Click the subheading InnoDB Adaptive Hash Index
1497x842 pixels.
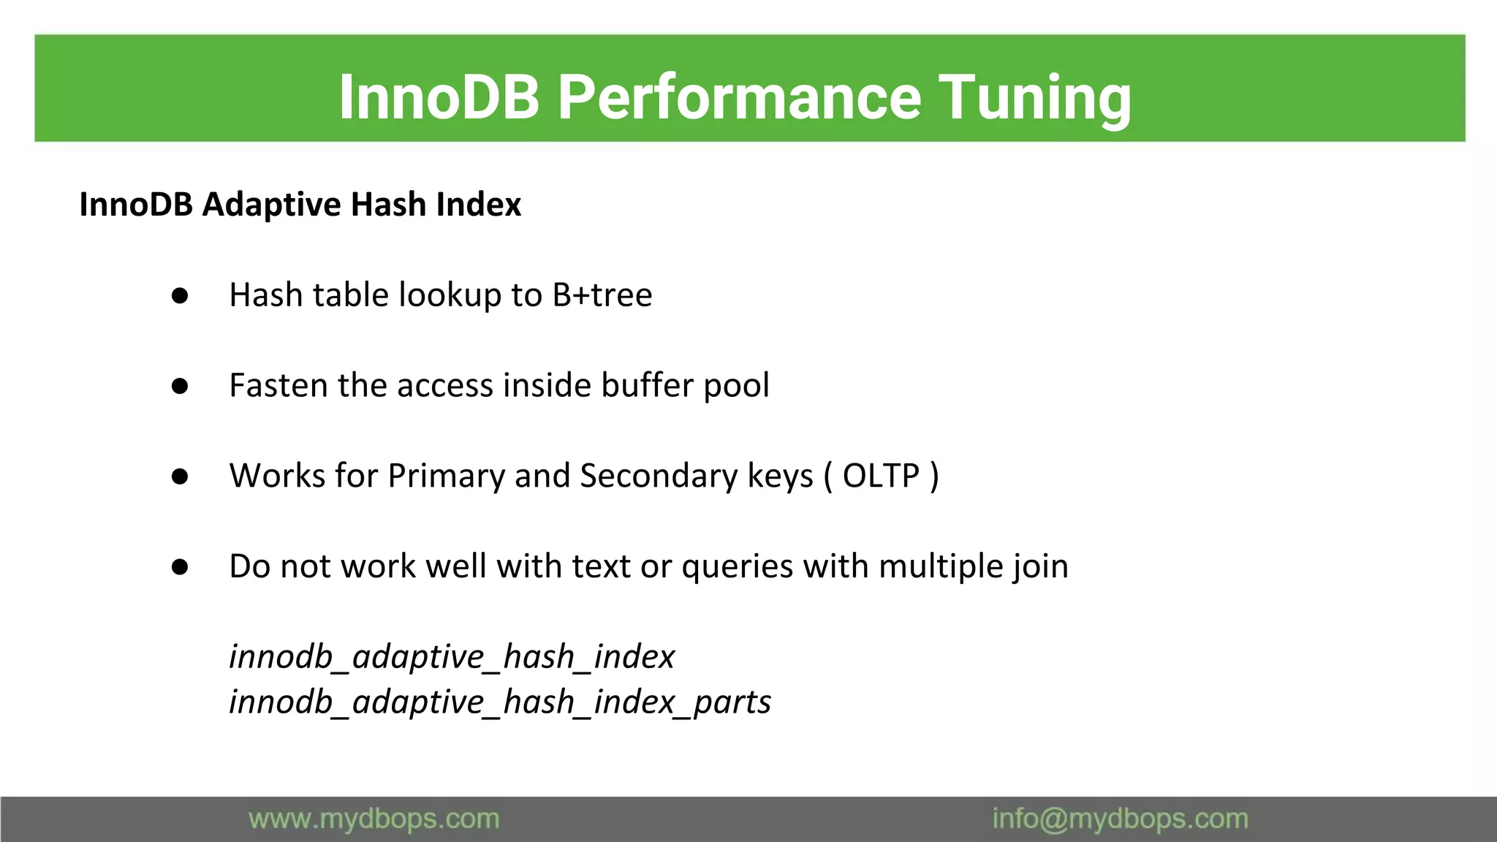[300, 205]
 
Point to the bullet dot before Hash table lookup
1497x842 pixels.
[180, 296]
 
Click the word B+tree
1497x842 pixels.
[602, 295]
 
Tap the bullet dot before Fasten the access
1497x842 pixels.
[180, 386]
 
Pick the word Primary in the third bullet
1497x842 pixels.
[446, 477]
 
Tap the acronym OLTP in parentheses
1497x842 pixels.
[880, 477]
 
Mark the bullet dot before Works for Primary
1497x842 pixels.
[180, 477]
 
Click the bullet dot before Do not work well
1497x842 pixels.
[180, 567]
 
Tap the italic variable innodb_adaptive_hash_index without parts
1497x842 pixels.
[451, 656]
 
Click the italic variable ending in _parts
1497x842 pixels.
[500, 702]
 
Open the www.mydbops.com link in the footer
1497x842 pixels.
[374, 819]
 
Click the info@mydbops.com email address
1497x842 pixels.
[1119, 819]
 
